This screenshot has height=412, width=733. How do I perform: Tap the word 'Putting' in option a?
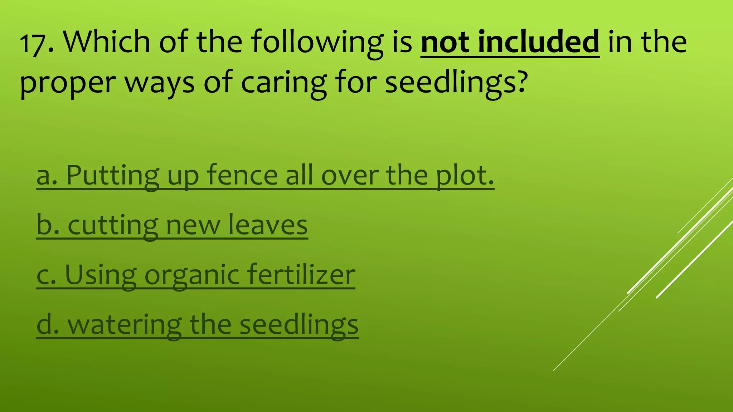113,176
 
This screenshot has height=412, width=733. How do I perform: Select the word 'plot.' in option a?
465,176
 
